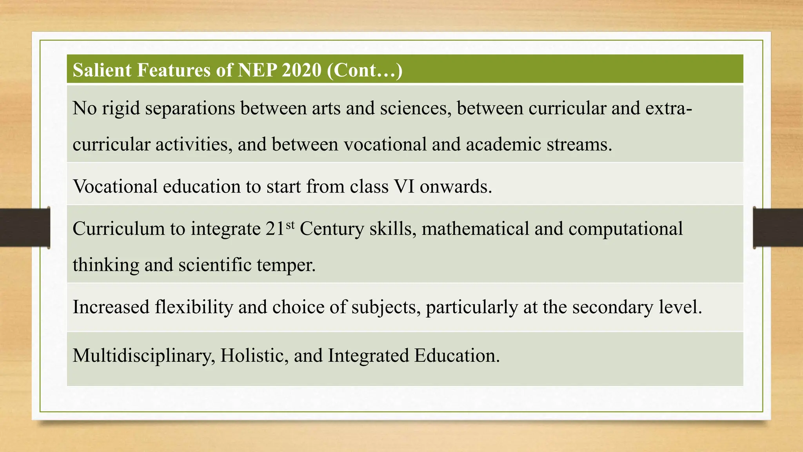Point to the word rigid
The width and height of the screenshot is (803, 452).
pyautogui.click(x=121, y=108)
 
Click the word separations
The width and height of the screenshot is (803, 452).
pyautogui.click(x=190, y=108)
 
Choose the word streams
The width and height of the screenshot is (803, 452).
pyautogui.click(x=579, y=144)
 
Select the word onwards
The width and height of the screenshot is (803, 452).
pyautogui.click(x=456, y=186)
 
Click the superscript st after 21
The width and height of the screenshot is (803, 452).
pyautogui.click(x=290, y=225)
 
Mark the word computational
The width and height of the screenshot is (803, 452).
pyautogui.click(x=625, y=229)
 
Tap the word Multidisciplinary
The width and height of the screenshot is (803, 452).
pyautogui.click(x=144, y=355)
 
